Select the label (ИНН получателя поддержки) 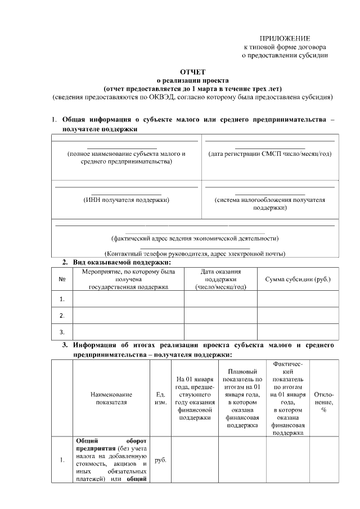pyautogui.click(x=126, y=199)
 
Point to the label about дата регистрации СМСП pyautogui.click(x=269, y=154)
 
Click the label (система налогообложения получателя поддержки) pyautogui.click(x=269, y=203)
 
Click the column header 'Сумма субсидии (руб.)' pyautogui.click(x=298, y=280)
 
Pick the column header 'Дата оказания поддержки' pyautogui.click(x=220, y=280)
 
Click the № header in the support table pyautogui.click(x=62, y=280)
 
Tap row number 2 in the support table pyautogui.click(x=62, y=315)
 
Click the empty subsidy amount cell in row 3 pyautogui.click(x=298, y=331)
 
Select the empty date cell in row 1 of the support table pyautogui.click(x=220, y=299)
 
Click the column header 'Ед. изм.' pyautogui.click(x=160, y=398)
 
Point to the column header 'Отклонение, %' pyautogui.click(x=324, y=398)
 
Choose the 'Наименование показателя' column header pyautogui.click(x=111, y=398)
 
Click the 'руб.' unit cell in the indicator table pyautogui.click(x=160, y=460)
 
